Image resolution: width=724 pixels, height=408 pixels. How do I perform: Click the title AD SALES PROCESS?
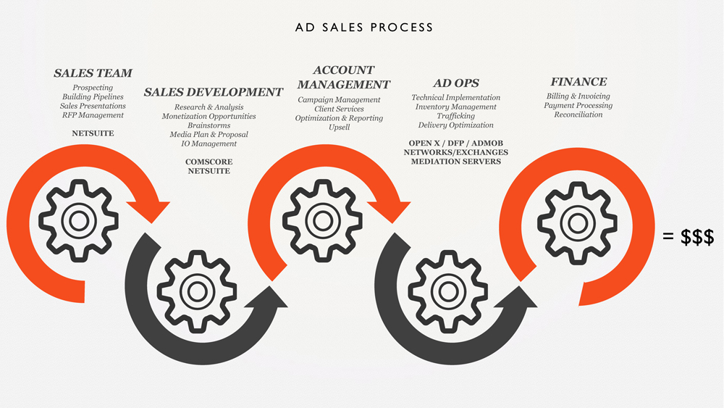coord(364,28)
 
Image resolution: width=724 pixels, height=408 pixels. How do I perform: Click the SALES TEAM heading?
coord(93,73)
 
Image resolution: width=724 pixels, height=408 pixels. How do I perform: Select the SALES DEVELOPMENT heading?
coord(213,92)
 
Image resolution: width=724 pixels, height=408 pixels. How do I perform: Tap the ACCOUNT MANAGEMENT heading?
coord(344,77)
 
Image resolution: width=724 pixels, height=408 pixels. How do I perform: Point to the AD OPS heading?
coord(456,83)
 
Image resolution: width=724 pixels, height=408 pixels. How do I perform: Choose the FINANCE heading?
coord(578,82)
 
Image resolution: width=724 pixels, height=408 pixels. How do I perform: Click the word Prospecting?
coord(93,88)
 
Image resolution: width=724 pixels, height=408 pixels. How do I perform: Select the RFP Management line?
coord(93,115)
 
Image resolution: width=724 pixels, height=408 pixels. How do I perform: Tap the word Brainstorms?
coord(209,125)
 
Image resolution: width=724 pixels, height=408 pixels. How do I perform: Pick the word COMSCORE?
coord(209,162)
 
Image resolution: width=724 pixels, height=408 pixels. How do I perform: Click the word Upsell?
coord(339,127)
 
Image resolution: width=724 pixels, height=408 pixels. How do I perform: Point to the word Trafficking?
coord(456,116)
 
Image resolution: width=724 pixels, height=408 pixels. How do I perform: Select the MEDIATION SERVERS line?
coord(456,162)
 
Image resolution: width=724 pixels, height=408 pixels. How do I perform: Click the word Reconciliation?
coord(578,115)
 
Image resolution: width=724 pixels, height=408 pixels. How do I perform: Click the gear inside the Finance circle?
coord(576,222)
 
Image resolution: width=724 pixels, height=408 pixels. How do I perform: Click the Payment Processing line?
coord(578,105)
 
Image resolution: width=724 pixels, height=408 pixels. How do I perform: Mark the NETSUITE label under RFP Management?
coord(93,133)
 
